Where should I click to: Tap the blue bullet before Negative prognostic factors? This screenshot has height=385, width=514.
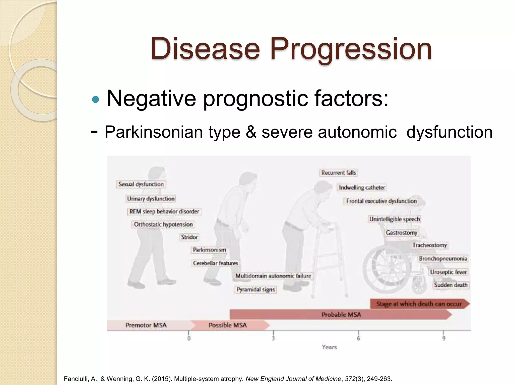tap(96, 100)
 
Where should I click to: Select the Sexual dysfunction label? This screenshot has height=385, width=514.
tap(141, 184)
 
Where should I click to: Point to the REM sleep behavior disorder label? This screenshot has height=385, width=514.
tap(164, 212)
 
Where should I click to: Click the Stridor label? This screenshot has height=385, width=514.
tap(189, 237)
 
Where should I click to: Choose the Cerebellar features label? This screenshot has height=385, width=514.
tap(215, 263)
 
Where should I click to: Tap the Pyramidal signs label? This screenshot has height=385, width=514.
tap(255, 290)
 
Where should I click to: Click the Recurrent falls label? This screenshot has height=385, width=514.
tap(339, 173)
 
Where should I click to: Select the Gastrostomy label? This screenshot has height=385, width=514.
tap(401, 233)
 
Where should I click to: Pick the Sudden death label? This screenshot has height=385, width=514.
tap(451, 285)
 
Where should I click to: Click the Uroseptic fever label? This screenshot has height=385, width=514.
tap(448, 272)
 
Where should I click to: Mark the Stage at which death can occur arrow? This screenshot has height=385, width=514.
tap(419, 304)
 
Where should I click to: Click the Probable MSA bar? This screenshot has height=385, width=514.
tap(341, 315)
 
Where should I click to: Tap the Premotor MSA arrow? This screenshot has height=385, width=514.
tap(146, 325)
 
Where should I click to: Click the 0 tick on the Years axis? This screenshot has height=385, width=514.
tap(189, 338)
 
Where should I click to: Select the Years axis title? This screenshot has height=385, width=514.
tap(329, 347)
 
